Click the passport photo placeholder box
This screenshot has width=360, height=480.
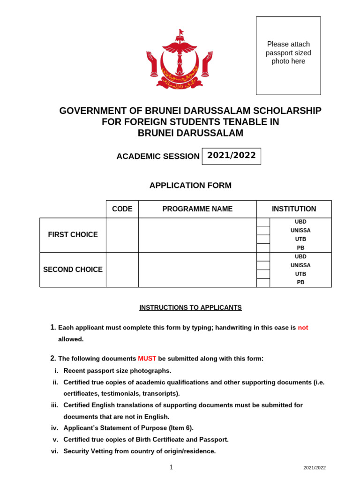coord(288,55)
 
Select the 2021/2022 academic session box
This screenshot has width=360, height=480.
coord(231,156)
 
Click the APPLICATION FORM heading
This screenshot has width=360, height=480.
coord(190,185)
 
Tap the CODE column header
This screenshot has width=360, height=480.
coord(122,209)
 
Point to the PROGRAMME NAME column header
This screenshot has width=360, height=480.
coord(197,209)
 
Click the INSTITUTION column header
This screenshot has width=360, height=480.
coord(294,209)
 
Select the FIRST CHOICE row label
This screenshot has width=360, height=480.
coord(73,235)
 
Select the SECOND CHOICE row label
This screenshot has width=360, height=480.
coord(73,270)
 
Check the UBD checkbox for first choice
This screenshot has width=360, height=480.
coord(263,222)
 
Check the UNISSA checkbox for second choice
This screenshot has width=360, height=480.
coord(263,265)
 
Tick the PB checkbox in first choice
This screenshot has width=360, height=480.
coord(263,248)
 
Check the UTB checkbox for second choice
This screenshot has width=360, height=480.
coord(263,274)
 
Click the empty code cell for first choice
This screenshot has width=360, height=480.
coord(122,235)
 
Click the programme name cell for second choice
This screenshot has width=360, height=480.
coord(197,270)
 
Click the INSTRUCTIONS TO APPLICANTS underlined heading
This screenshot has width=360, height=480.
coord(190,307)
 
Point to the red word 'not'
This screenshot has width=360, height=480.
coord(303,328)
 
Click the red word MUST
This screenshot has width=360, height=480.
coord(147,359)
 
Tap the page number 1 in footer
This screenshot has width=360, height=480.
coord(171,467)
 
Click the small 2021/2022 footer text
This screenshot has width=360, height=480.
coord(314,467)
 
